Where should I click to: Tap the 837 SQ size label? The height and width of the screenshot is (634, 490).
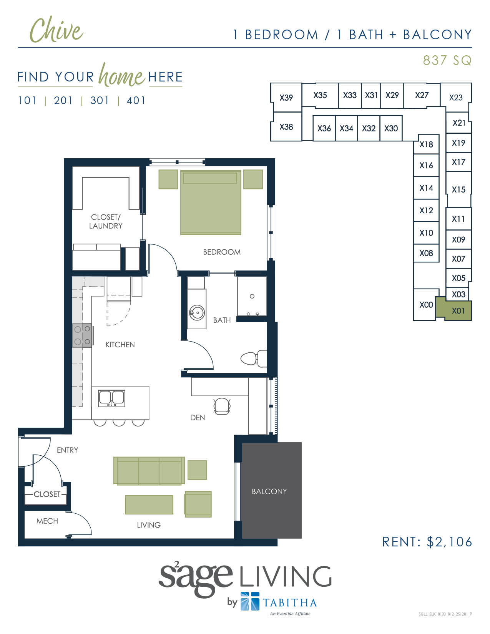click(447, 60)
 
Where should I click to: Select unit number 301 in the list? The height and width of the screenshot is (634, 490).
click(99, 101)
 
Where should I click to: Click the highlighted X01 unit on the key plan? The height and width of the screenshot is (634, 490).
click(458, 311)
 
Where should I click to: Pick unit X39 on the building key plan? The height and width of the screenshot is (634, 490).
click(286, 98)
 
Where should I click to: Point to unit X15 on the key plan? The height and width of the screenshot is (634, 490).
click(458, 189)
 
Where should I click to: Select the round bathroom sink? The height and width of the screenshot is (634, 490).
click(197, 313)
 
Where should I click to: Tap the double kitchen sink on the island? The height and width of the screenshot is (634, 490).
click(112, 398)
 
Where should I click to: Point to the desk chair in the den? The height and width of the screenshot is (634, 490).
click(222, 406)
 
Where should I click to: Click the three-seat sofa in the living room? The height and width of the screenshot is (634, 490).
click(149, 471)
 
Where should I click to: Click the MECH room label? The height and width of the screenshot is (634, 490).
click(47, 521)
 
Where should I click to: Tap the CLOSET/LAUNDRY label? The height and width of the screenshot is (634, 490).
click(106, 222)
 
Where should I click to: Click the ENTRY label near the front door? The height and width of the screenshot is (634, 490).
click(67, 450)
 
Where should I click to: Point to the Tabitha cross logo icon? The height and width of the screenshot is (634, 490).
click(250, 601)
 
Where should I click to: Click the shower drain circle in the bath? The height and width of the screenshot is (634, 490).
click(252, 296)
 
